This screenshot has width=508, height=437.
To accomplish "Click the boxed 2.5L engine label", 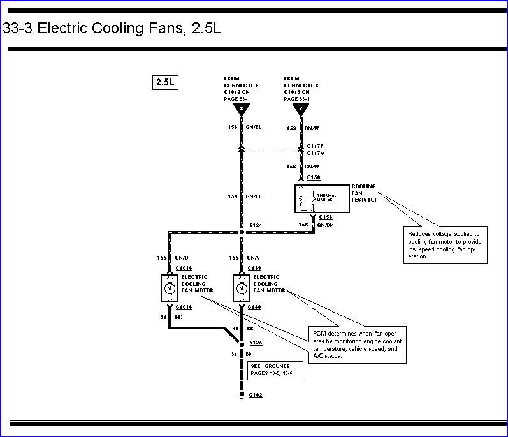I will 164,83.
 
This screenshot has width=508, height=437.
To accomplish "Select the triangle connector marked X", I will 241,109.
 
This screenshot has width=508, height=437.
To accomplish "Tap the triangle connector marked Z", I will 301,109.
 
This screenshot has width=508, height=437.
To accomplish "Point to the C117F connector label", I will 316,146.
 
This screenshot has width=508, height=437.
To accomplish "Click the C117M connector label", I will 316,153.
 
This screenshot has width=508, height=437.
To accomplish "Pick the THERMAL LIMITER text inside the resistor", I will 326,198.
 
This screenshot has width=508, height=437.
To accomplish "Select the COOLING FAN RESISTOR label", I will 364,193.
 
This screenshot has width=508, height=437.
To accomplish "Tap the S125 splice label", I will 256,343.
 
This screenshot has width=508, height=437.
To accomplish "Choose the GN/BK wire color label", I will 325,225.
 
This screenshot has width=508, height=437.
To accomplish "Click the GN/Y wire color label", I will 254,258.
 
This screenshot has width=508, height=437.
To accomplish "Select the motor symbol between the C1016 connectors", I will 170,288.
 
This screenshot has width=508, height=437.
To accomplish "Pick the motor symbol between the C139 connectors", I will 242,288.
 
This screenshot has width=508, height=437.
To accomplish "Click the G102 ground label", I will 256,396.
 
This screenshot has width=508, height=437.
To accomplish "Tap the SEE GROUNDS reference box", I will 276,370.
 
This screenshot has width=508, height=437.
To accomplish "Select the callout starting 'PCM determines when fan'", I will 357,344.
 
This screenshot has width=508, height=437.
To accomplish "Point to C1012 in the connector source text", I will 233,92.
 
